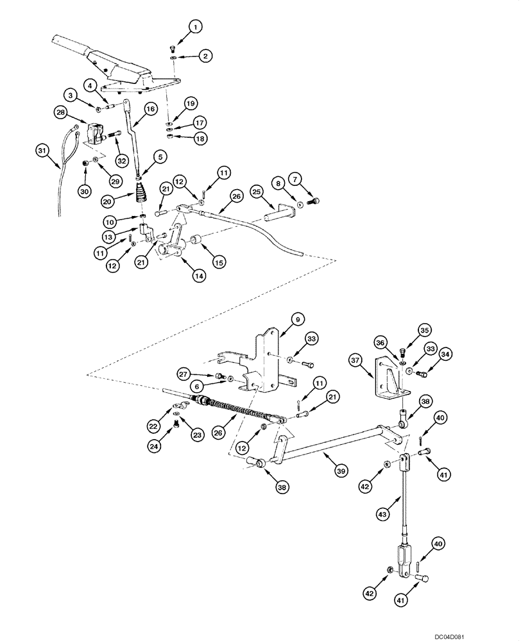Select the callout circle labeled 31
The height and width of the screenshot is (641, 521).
[x=42, y=150]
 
